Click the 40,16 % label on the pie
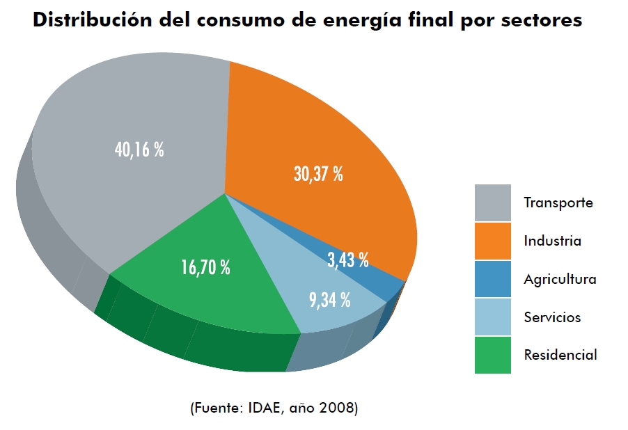(139, 150)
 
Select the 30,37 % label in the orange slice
(318, 174)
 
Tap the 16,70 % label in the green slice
(205, 267)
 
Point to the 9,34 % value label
(329, 301)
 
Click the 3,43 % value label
(347, 260)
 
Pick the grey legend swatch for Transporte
(492, 203)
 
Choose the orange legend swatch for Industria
(492, 241)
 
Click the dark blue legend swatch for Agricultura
(492, 279)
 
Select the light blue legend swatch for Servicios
(492, 317)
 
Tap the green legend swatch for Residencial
(492, 355)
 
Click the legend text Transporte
(558, 203)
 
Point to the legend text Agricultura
(560, 280)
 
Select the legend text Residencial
(560, 355)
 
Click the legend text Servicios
(552, 317)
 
